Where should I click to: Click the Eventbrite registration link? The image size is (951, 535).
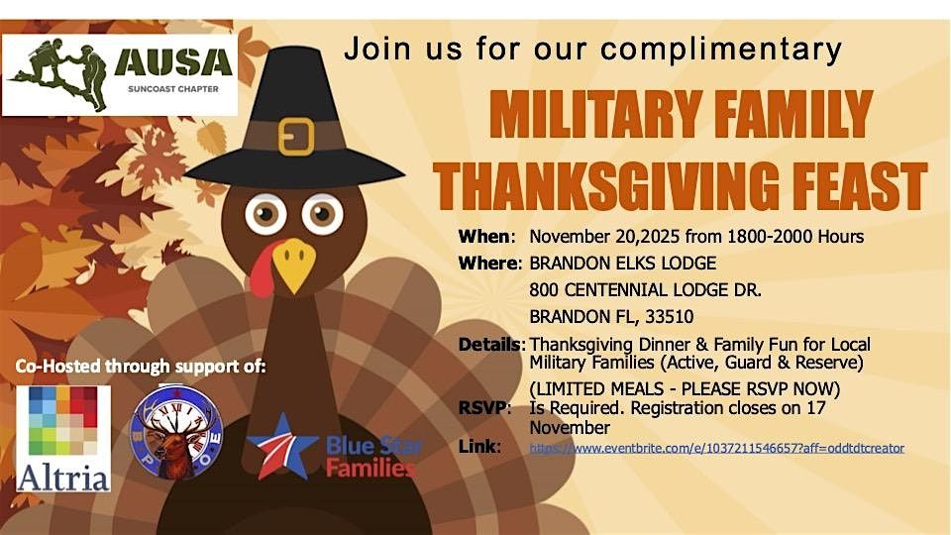[716, 448]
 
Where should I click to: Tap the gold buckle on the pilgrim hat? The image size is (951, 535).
[295, 136]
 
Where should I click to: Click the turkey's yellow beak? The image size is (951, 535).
[293, 264]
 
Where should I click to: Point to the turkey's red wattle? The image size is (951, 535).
[261, 268]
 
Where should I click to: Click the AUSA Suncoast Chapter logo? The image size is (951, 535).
[120, 74]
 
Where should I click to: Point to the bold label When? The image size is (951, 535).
[485, 237]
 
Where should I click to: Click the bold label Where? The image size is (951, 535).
[489, 264]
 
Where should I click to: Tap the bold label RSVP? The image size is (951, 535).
[484, 407]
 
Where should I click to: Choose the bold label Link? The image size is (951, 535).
[479, 448]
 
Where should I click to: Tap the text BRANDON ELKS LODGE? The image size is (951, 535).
[622, 264]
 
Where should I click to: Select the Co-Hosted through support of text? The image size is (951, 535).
[141, 367]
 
